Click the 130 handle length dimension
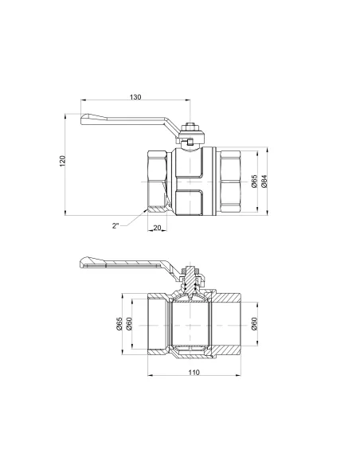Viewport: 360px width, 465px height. pos(135,97)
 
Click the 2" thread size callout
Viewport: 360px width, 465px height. pos(116,225)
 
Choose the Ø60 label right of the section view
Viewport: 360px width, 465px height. pos(254,323)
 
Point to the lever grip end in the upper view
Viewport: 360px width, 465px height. pos(90,120)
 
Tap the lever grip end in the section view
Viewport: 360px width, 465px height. pos(90,262)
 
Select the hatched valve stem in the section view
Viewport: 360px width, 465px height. pos(190,279)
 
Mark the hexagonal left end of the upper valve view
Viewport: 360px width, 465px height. pos(158,181)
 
